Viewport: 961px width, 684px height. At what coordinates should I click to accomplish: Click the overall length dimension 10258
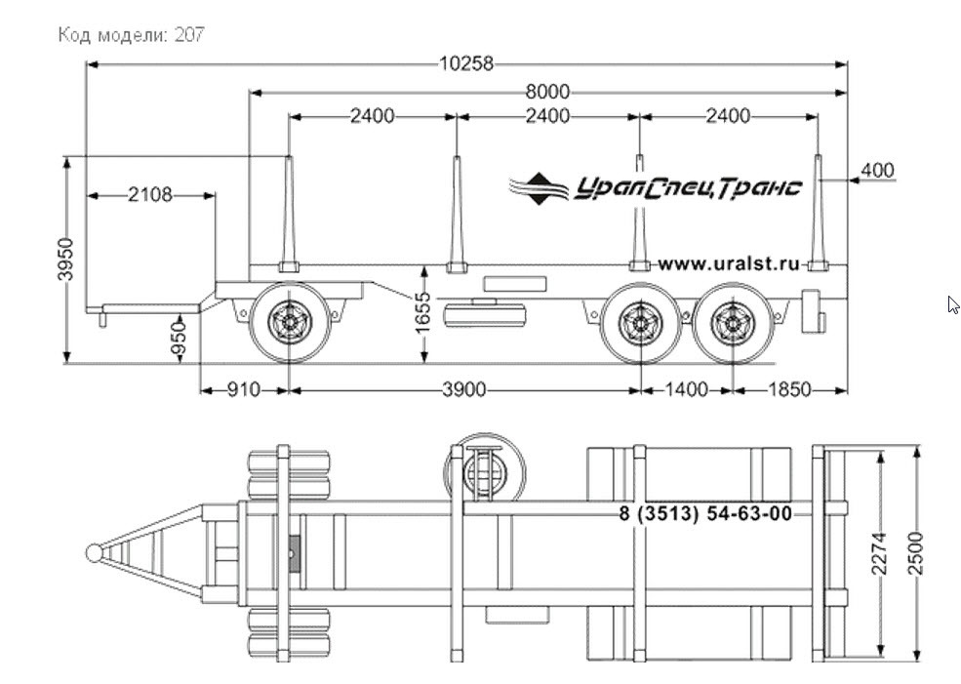(x=466, y=63)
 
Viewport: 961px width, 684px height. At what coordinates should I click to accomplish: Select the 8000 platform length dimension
(x=547, y=93)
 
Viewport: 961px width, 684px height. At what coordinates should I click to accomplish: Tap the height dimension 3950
(x=65, y=260)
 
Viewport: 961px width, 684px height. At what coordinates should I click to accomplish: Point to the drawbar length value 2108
(x=150, y=195)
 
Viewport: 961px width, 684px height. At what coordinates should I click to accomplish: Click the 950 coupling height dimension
(x=178, y=339)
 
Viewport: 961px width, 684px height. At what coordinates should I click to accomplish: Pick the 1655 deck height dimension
(x=422, y=313)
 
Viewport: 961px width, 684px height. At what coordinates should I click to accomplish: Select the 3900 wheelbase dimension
(x=464, y=389)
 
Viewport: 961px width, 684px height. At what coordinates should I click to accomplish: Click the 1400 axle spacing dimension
(x=686, y=389)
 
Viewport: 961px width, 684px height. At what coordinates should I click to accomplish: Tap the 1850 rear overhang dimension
(x=789, y=389)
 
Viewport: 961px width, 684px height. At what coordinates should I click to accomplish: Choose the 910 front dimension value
(x=243, y=389)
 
